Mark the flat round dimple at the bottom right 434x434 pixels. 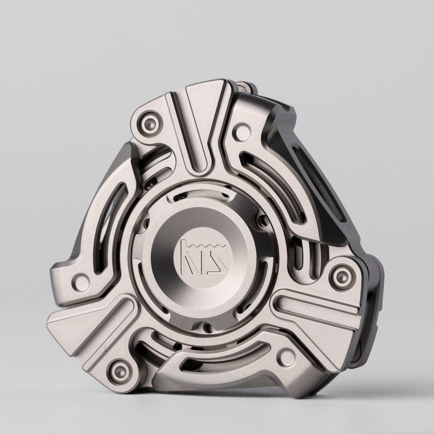(x=287, y=354)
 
